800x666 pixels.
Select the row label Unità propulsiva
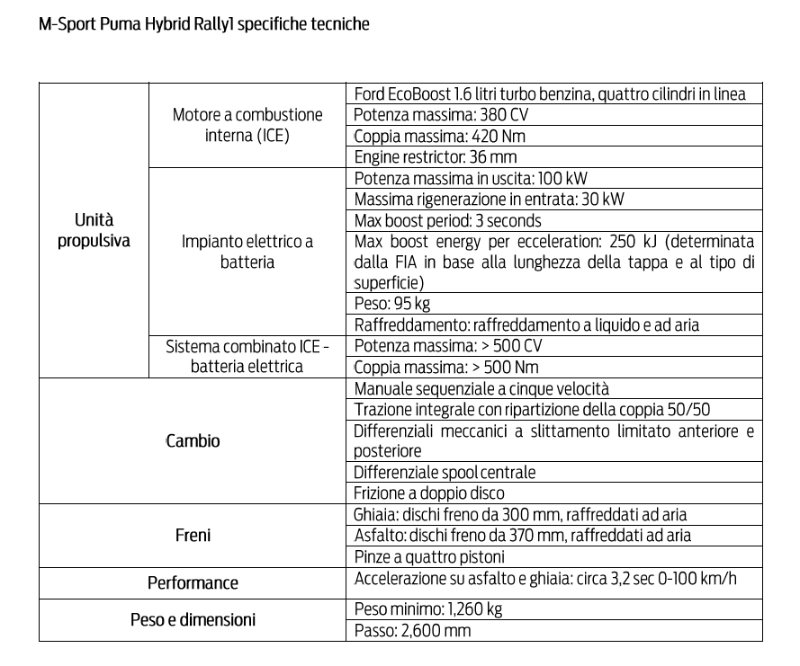(x=94, y=230)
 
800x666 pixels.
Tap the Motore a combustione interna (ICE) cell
(x=247, y=126)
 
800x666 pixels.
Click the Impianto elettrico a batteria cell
(x=247, y=252)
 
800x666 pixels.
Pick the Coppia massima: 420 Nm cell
(x=439, y=137)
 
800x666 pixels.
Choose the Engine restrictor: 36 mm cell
(x=435, y=157)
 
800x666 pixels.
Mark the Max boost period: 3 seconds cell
(x=447, y=220)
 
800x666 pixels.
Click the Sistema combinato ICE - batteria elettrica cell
(x=247, y=356)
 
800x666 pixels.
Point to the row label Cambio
(x=193, y=441)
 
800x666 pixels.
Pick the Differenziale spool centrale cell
(x=445, y=472)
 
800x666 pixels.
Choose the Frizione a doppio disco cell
(x=428, y=493)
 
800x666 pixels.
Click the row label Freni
(x=193, y=536)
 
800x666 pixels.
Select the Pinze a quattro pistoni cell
(x=429, y=556)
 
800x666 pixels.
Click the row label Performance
(x=193, y=583)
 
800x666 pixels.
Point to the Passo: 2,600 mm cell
(x=412, y=630)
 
